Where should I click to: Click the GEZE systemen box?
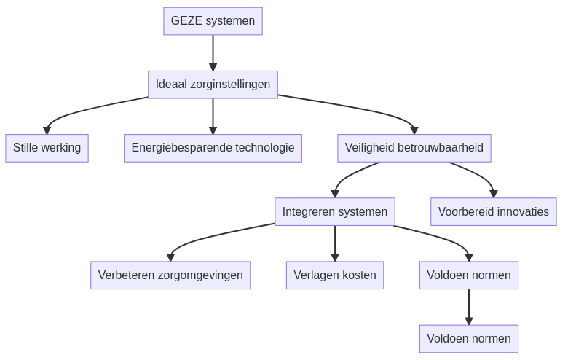[213, 21]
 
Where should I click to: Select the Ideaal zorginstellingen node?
[213, 85]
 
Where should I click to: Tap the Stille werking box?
[47, 148]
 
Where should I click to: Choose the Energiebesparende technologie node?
[213, 148]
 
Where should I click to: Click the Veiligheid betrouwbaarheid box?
[414, 148]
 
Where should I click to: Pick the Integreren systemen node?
[335, 212]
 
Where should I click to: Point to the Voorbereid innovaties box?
[493, 212]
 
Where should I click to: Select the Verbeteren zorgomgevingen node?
[170, 275]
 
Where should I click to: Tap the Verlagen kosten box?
[335, 275]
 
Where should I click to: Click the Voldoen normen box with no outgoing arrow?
[468, 339]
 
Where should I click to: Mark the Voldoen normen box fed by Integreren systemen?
[468, 275]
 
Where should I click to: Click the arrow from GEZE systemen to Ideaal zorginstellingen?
[213, 52]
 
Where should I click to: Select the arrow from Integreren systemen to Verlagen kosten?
[335, 243]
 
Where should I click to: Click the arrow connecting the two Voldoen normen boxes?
[468, 307]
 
